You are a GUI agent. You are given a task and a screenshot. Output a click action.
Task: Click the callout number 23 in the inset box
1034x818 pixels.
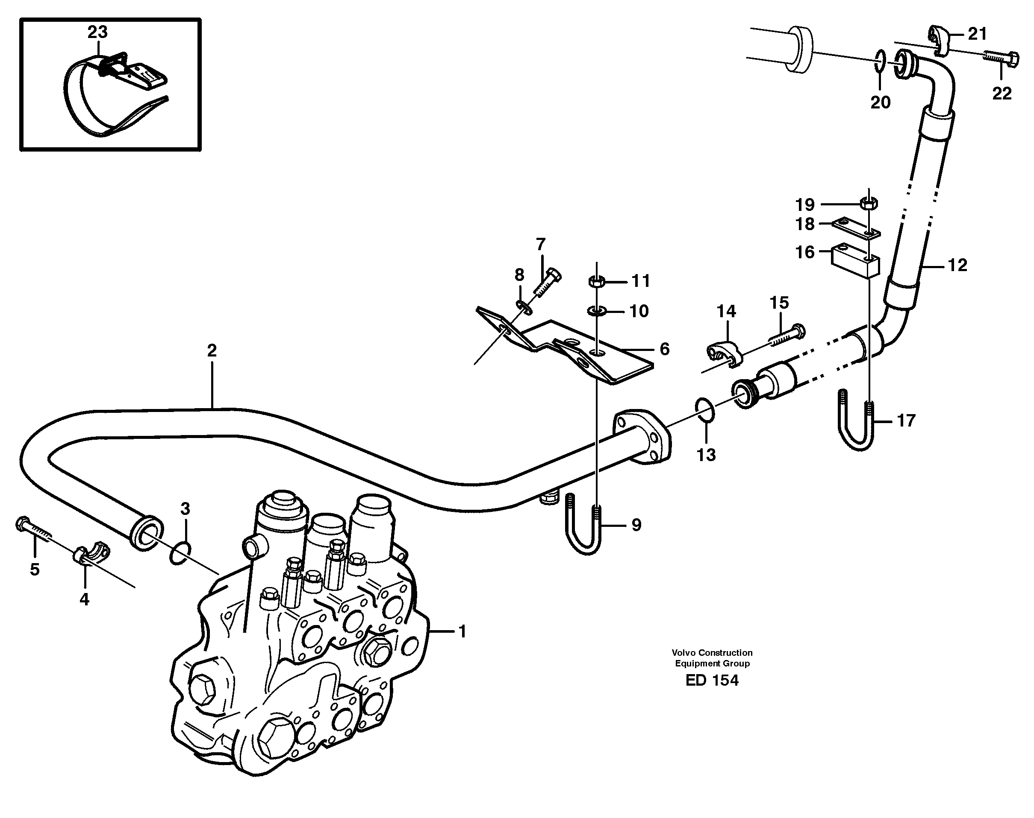97,32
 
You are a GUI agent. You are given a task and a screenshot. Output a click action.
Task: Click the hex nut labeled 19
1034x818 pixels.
869,204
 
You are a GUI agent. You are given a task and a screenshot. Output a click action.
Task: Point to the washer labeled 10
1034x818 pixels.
596,311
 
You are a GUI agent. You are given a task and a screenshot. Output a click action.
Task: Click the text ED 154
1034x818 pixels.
712,681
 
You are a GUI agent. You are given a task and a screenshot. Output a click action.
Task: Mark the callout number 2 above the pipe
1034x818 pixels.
212,351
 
